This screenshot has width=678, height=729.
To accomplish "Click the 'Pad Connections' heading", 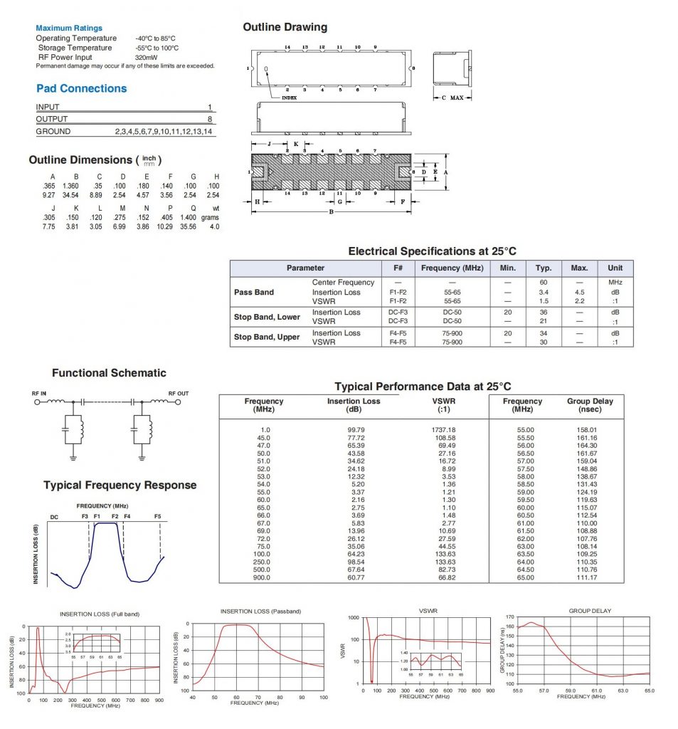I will click(x=81, y=88).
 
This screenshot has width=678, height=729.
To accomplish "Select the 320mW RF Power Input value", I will click(x=147, y=57).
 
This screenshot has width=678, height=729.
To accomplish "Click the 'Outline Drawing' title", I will click(x=285, y=27).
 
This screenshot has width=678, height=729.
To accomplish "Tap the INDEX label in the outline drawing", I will click(x=289, y=98).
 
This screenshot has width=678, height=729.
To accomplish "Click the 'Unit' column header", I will click(x=615, y=268).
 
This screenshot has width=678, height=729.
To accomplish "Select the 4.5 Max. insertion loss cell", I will click(x=579, y=293).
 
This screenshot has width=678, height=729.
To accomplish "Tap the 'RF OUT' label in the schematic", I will click(x=179, y=393).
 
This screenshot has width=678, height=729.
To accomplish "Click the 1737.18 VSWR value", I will click(x=443, y=430).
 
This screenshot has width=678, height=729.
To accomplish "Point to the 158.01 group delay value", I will click(x=587, y=430).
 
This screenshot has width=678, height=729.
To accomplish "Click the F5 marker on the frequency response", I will click(x=157, y=516).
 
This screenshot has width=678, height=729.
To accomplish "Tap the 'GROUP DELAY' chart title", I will click(x=590, y=611).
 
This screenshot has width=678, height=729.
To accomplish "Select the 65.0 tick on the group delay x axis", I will click(x=649, y=690).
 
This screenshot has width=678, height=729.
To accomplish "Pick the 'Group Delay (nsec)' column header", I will click(x=589, y=405).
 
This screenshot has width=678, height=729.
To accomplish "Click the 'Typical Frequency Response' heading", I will click(x=120, y=486).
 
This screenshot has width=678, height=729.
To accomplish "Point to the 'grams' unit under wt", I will click(x=210, y=217).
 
